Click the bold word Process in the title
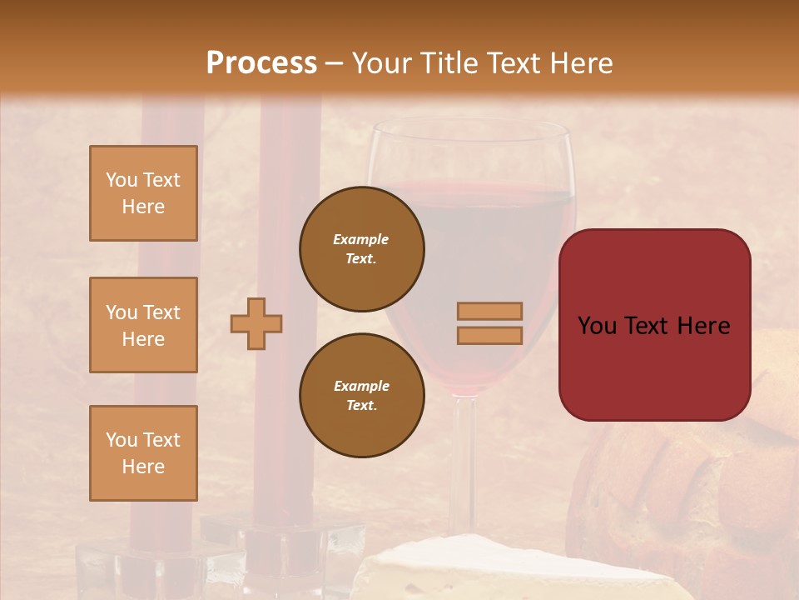point(261,63)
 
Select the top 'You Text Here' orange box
point(143,193)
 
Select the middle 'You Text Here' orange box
point(143,325)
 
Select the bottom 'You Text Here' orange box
point(143,453)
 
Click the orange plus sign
point(256,323)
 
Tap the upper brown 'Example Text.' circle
point(362,249)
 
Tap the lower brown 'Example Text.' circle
point(362,396)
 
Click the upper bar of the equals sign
point(490,311)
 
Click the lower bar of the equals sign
point(490,335)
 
